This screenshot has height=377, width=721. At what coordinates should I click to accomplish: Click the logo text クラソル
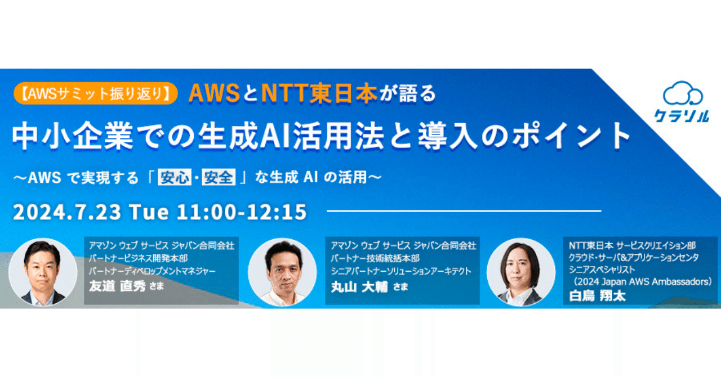[682, 116]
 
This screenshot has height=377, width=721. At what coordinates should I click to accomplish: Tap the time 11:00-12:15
[242, 212]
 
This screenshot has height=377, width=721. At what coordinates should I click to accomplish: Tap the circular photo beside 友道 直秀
[43, 272]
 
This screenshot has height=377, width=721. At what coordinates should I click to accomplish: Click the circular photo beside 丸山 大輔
[283, 272]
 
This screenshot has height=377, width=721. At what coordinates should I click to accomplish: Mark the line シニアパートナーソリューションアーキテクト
[401, 272]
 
